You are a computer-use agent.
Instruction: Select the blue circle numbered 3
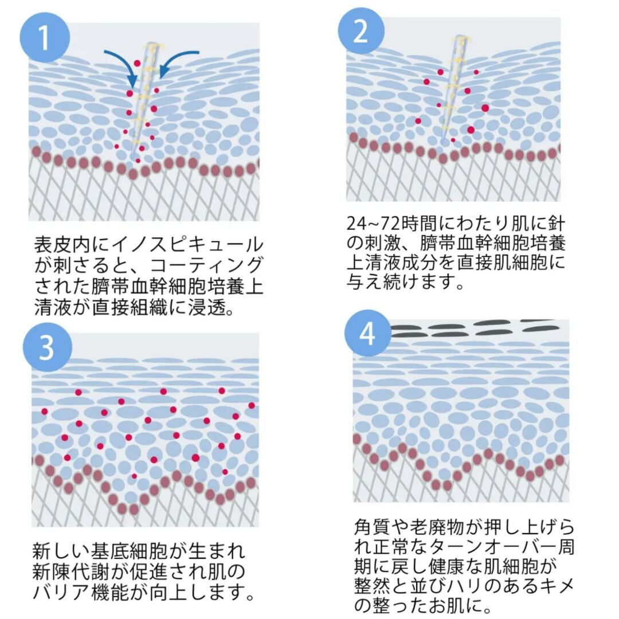(x=48, y=347)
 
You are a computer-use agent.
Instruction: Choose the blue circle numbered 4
(x=367, y=334)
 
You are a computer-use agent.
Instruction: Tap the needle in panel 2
(x=452, y=86)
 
